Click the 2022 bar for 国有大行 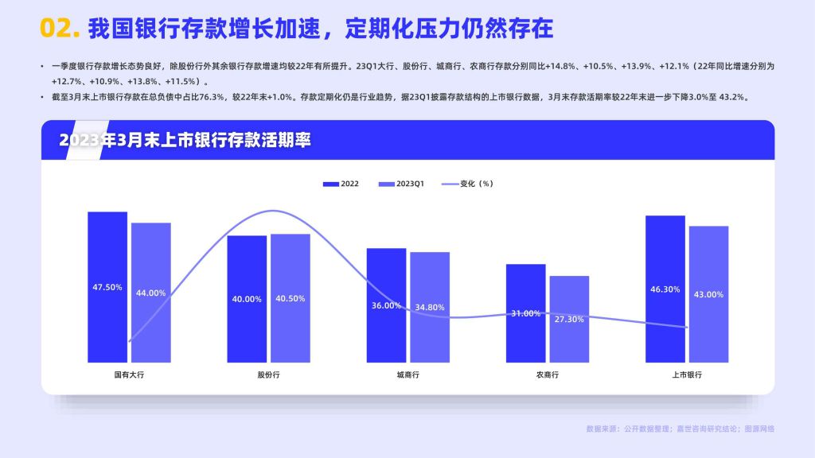click(107, 286)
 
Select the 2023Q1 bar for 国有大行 click(150, 293)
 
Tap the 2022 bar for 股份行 click(247, 299)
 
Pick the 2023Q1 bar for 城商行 click(430, 308)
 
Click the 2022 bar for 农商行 click(526, 313)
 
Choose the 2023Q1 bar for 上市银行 click(709, 294)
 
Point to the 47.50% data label click(107, 287)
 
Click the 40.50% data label click(290, 299)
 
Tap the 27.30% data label click(569, 320)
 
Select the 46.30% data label click(665, 289)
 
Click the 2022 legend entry click(341, 184)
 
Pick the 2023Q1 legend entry click(401, 184)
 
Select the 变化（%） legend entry click(467, 184)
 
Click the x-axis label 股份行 click(269, 375)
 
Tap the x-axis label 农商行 click(548, 375)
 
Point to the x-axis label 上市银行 click(687, 375)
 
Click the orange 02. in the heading click(60, 28)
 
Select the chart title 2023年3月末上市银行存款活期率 click(185, 140)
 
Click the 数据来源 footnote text click(680, 429)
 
